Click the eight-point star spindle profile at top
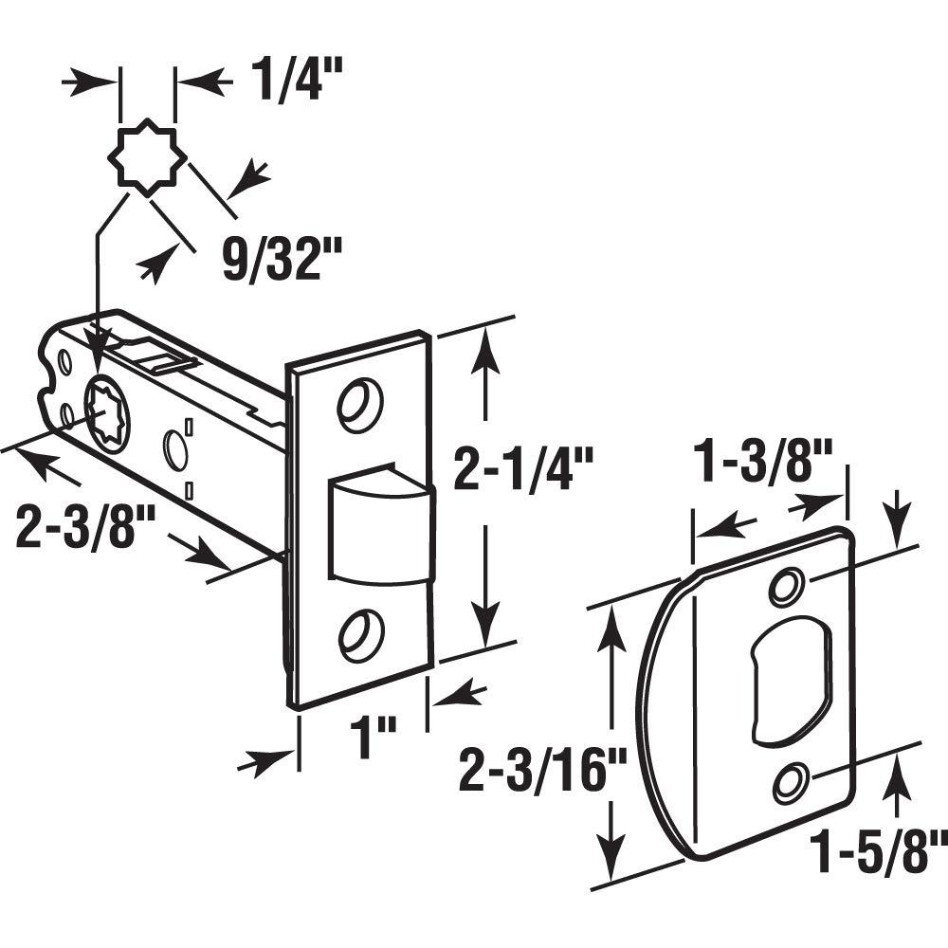[147, 160]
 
